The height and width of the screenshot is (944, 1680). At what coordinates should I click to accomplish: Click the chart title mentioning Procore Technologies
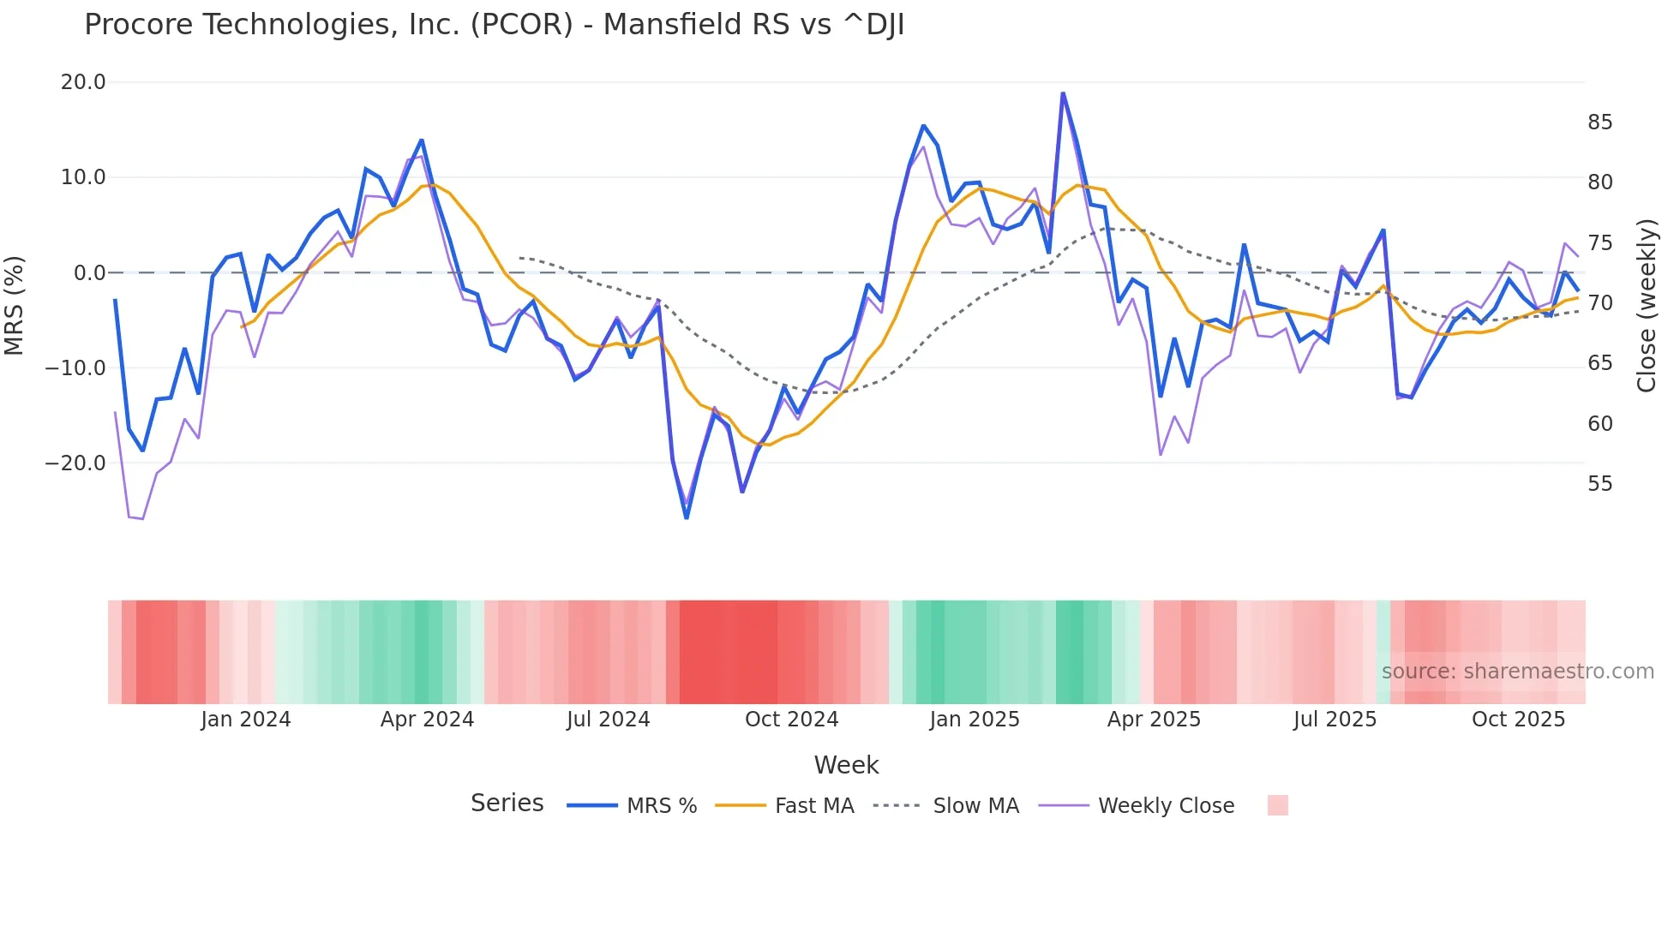coord(494,25)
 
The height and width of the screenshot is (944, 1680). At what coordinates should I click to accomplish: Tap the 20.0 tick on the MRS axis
coord(83,82)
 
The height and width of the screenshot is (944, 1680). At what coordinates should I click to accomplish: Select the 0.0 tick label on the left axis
coord(89,273)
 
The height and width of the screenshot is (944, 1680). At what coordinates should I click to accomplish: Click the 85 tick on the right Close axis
coord(1599,122)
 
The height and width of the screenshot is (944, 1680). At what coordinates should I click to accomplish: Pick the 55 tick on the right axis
coord(1599,484)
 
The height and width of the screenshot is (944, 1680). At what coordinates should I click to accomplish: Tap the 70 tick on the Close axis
coord(1599,303)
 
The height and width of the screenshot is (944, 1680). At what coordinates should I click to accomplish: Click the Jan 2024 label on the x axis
coord(246,720)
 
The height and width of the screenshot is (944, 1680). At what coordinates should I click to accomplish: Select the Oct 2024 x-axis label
coord(791,720)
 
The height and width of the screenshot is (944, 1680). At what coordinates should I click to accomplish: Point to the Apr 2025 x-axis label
coord(1154,720)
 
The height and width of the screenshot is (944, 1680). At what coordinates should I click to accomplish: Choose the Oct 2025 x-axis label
coord(1518,720)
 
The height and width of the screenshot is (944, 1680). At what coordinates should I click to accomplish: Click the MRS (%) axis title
coord(15,305)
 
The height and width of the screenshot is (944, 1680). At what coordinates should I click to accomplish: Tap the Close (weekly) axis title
coord(1646,306)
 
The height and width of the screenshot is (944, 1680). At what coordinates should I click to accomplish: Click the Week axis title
coord(846,765)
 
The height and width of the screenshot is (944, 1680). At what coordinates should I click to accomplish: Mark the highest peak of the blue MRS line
coord(1063,93)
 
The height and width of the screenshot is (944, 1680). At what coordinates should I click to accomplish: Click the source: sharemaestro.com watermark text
coord(1517,672)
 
